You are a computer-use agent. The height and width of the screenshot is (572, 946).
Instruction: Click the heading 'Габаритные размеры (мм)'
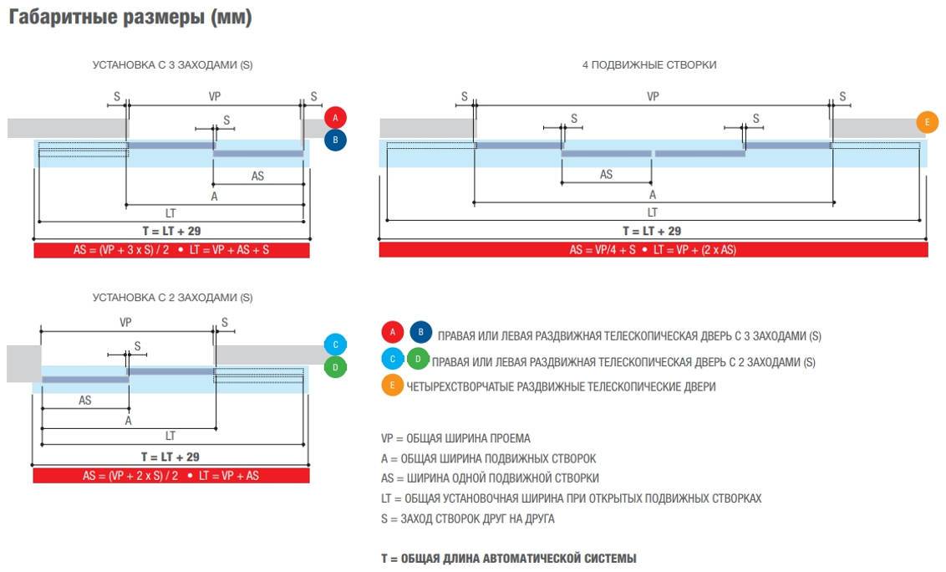click(130, 18)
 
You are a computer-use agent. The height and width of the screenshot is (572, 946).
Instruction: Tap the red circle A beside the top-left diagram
click(335, 117)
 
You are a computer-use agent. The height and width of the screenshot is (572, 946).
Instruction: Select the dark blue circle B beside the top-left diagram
click(335, 140)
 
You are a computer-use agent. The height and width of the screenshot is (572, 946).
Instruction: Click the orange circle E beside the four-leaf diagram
click(927, 122)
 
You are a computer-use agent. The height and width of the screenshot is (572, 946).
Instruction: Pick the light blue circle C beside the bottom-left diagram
click(335, 345)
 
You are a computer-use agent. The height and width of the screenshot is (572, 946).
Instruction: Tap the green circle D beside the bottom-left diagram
click(335, 367)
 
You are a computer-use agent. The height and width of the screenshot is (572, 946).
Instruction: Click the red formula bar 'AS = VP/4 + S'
click(653, 249)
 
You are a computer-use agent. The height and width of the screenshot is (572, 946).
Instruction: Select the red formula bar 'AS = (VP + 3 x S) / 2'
click(171, 249)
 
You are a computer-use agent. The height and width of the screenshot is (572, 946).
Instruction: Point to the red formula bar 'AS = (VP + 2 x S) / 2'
click(171, 475)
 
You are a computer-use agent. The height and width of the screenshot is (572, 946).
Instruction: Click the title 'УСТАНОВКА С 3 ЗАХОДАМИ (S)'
click(172, 64)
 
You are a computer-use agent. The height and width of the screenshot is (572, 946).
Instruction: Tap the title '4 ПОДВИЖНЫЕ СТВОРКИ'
click(649, 64)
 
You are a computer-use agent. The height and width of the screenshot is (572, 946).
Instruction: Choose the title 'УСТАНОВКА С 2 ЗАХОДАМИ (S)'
click(172, 297)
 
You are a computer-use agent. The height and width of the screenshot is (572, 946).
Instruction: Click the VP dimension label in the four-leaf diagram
click(653, 96)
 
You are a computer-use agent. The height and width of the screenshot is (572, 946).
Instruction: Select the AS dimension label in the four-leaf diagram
click(606, 174)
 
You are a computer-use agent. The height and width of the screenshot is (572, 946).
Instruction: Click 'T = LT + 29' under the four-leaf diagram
click(652, 231)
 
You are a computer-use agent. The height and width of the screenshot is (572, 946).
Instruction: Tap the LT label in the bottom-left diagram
click(170, 436)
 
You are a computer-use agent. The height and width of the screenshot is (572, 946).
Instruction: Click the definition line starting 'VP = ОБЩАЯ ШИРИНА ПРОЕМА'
click(455, 438)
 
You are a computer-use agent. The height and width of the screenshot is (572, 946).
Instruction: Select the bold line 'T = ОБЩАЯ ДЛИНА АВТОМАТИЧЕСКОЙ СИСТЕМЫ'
click(508, 558)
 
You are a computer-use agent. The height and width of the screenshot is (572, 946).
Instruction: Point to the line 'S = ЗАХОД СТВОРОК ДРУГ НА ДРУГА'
click(467, 518)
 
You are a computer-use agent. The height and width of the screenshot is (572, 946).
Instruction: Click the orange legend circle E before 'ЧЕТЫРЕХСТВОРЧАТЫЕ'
click(392, 386)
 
